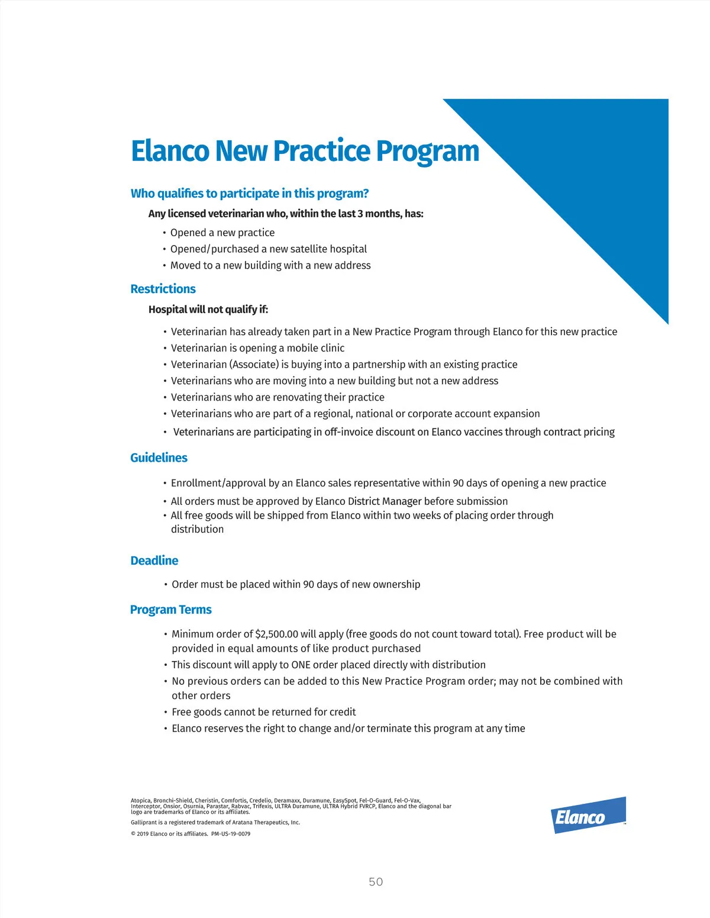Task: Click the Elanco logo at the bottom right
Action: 588,816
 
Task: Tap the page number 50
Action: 376,882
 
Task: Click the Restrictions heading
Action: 163,289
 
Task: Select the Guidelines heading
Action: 159,458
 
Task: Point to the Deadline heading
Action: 154,561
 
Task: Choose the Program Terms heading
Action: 170,610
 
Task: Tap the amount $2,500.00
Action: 276,634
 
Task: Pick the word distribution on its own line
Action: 197,529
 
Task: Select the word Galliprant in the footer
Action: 144,822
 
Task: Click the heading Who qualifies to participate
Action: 249,194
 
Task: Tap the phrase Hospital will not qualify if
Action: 208,310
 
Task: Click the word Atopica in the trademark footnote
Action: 141,800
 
